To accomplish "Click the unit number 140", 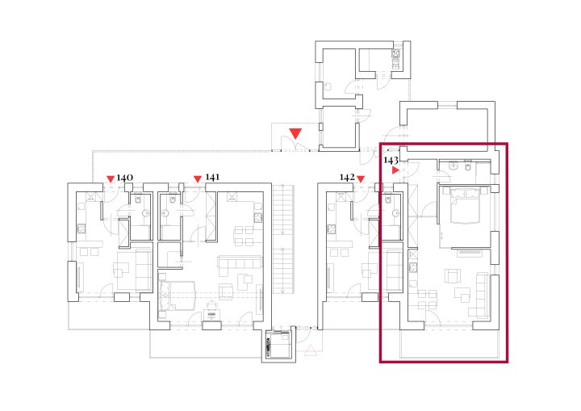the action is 125,178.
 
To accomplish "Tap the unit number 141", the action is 212,178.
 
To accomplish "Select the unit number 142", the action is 347,178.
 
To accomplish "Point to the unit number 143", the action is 391,160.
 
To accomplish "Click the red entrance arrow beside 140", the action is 111,179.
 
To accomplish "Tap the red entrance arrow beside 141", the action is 198,179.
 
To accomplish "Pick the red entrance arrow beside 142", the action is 361,179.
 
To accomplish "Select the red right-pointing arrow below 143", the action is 395,170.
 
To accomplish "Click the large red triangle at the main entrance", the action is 295,133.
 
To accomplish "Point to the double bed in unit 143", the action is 466,205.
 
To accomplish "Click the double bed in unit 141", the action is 177,296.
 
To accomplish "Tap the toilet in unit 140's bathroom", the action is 139,200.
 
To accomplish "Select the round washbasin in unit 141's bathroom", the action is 165,213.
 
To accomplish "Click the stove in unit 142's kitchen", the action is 331,229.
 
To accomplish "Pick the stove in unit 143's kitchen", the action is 413,267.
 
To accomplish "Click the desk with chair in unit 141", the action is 211,311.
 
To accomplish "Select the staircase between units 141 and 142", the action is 284,238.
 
